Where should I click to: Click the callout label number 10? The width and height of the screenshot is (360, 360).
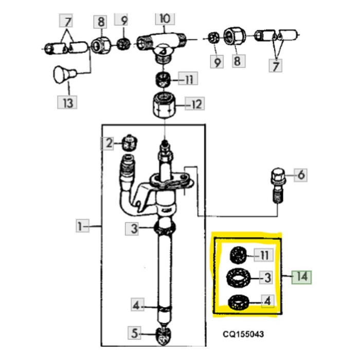click(x=164, y=19)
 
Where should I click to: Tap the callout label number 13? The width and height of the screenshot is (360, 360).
click(x=68, y=102)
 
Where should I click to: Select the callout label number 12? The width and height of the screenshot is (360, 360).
click(x=195, y=105)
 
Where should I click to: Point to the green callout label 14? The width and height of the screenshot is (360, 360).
click(x=301, y=277)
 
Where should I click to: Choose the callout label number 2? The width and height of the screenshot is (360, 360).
click(x=109, y=143)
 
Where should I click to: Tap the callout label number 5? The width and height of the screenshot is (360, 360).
click(x=136, y=334)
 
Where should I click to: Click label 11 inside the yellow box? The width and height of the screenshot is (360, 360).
click(x=263, y=254)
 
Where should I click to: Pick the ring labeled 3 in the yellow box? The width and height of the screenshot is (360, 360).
click(x=238, y=278)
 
